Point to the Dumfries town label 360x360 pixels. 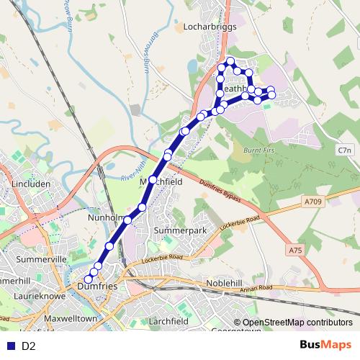(x=96, y=287)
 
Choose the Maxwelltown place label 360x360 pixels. (x=70, y=317)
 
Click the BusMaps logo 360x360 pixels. (x=325, y=346)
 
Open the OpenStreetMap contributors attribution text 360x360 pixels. (x=297, y=323)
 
